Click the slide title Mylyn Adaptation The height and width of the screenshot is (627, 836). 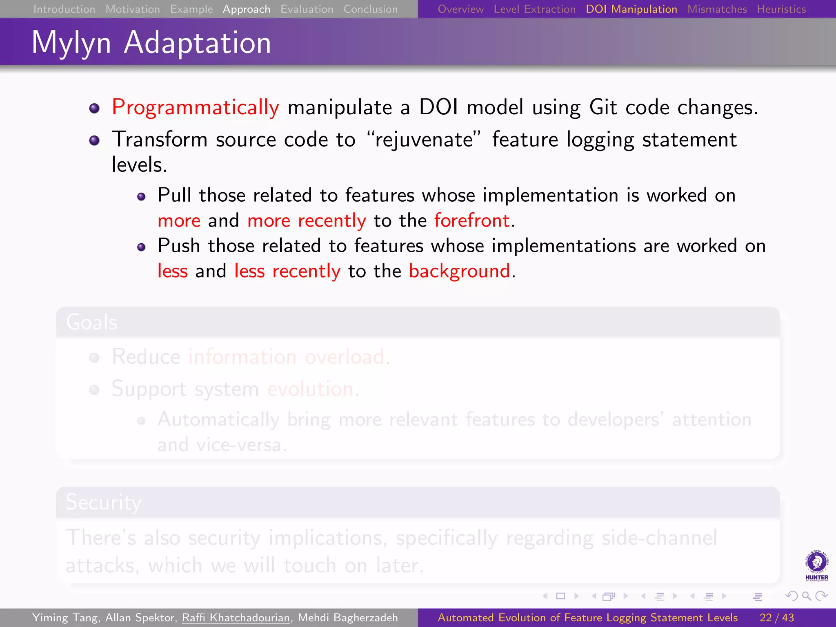tap(151, 42)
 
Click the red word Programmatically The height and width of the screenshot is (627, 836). tap(196, 107)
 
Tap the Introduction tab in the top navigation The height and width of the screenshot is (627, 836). tap(64, 9)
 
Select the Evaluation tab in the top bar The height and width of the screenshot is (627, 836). tap(307, 9)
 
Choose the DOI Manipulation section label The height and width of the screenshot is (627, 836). tap(631, 9)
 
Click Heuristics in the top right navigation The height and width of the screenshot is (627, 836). tap(781, 9)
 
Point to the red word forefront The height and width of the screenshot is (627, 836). tap(472, 220)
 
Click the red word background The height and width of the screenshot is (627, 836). tap(460, 271)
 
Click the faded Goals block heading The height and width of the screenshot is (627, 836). tap(92, 322)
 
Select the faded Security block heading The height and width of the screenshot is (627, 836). tap(103, 502)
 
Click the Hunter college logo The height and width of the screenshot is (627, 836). tap(816, 565)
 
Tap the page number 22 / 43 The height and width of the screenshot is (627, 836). tap(777, 618)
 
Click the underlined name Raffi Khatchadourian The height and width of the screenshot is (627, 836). tap(236, 618)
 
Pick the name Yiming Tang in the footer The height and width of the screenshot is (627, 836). tap(65, 618)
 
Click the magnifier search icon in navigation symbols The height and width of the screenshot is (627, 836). tap(806, 596)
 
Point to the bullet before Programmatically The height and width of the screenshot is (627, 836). tap(94, 108)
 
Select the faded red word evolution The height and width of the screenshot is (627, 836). tap(310, 389)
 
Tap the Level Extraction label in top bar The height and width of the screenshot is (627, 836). tap(534, 9)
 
